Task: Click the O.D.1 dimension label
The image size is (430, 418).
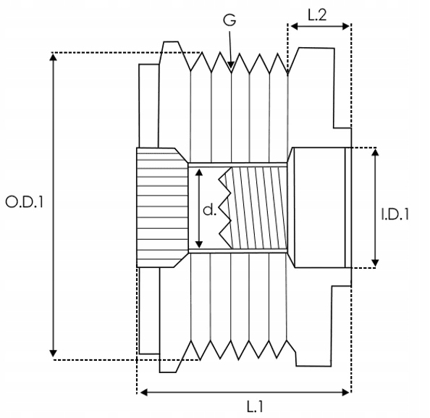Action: (25, 202)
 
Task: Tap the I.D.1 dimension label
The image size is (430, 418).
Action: (395, 214)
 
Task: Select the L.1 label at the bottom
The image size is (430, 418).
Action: (255, 406)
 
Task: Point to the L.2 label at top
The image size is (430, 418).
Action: (317, 15)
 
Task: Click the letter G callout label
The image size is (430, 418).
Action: (229, 20)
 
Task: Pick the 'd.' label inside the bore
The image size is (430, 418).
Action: (210, 210)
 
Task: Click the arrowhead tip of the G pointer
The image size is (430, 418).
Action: (231, 68)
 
